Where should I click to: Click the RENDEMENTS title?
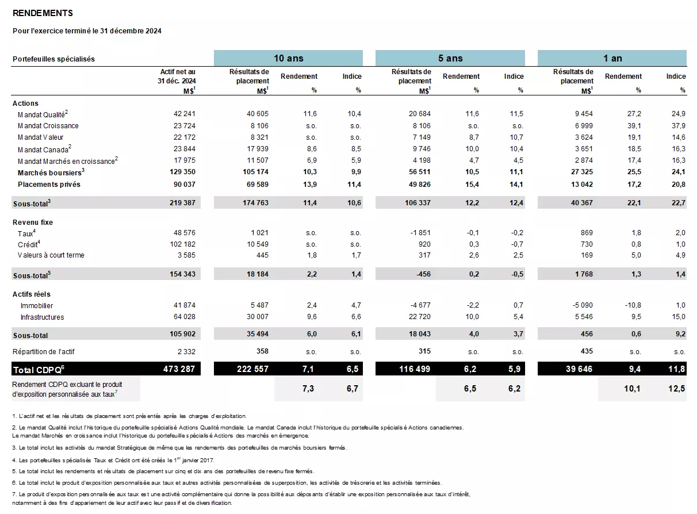coord(43,13)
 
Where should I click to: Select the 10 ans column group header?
coord(288,58)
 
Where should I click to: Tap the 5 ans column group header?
coord(450,58)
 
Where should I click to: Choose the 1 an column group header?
coord(612,58)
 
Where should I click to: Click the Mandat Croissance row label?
coord(48,126)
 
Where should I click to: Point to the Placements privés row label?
coord(49,185)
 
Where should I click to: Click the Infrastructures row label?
coord(42,317)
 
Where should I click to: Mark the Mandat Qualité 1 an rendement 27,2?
coord(634,114)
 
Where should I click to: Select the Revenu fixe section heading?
coord(33,223)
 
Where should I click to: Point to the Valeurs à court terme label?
coord(51,255)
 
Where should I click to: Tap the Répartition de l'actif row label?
coord(44,351)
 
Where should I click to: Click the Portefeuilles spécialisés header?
coord(53,59)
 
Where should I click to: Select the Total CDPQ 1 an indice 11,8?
coord(676,369)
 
